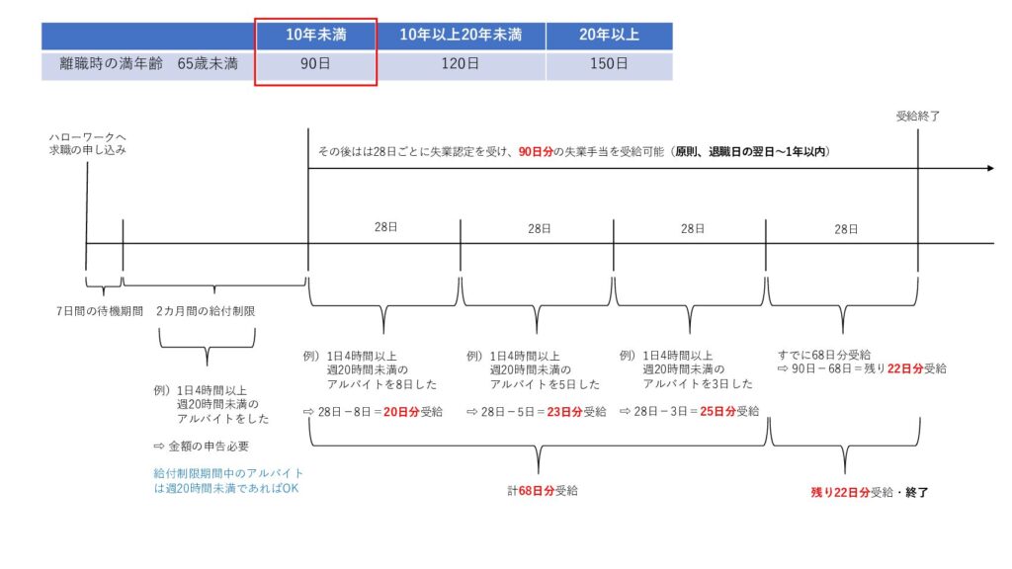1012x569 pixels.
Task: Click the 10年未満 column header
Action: (316, 35)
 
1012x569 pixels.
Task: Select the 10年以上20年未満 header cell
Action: (461, 35)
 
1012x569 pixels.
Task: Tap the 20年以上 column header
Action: (609, 35)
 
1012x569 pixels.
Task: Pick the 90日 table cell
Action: (315, 64)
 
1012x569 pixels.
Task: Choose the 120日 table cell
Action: (461, 64)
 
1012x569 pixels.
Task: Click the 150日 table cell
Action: (609, 64)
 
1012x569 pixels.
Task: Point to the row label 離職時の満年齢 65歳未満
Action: (148, 64)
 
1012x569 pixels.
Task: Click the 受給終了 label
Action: (918, 117)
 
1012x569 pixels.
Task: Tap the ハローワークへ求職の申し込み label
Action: (87, 143)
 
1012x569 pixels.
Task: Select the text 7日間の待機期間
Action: (100, 311)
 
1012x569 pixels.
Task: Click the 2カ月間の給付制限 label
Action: (206, 311)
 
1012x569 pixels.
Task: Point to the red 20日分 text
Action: (401, 412)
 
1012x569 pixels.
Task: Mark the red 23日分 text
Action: (564, 412)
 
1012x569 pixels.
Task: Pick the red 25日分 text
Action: (717, 411)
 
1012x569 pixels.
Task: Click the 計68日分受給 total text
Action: (543, 491)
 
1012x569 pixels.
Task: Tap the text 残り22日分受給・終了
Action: (870, 492)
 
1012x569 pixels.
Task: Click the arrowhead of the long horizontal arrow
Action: (990, 168)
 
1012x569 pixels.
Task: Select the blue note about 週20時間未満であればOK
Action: (228, 481)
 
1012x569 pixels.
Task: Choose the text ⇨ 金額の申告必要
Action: (201, 446)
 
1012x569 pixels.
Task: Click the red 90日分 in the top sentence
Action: (536, 151)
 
